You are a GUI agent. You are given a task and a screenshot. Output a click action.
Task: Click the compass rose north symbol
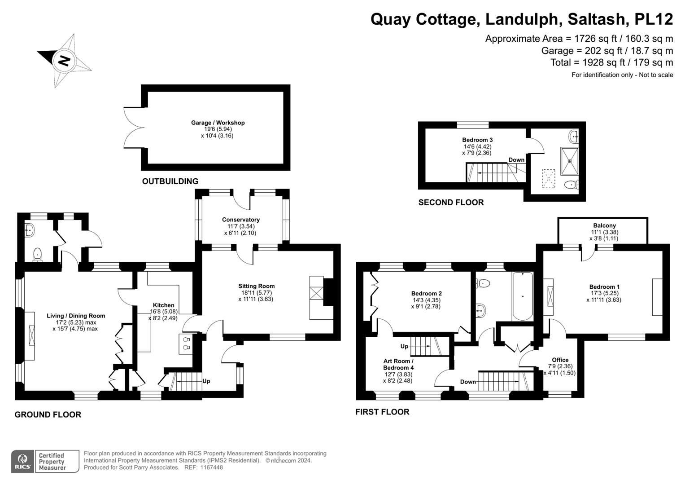click(x=64, y=60)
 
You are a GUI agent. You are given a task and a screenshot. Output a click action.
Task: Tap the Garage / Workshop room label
click(x=218, y=123)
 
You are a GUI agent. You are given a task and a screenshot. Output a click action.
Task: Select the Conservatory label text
click(x=240, y=220)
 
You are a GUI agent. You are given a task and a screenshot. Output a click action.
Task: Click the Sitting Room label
click(x=256, y=286)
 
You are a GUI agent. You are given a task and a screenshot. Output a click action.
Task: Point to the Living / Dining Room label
click(x=76, y=316)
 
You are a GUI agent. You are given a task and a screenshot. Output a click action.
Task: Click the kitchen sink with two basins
click(x=186, y=344)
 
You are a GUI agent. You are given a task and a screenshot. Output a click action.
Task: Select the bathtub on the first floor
click(x=522, y=296)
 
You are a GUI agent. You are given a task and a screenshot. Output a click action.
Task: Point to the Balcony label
click(x=604, y=225)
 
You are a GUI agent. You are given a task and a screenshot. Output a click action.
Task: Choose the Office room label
click(x=560, y=360)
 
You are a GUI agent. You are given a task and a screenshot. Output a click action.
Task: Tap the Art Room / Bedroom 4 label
click(x=398, y=364)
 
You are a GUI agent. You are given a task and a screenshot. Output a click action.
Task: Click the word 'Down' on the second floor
click(x=516, y=160)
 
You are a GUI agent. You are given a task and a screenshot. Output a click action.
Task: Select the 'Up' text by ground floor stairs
click(x=206, y=381)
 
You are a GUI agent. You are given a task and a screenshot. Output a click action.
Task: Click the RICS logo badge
click(x=22, y=461)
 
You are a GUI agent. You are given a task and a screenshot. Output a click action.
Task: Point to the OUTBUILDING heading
click(x=170, y=181)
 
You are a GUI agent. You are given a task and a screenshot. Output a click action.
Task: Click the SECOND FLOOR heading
click(x=451, y=203)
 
